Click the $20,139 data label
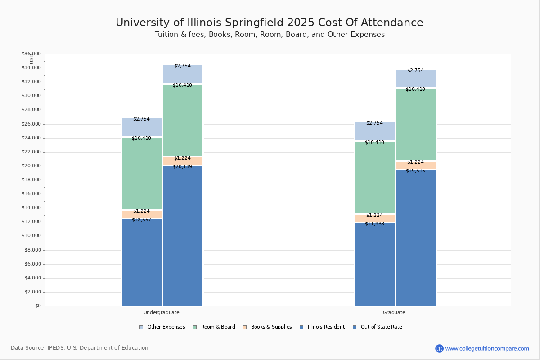point(182,167)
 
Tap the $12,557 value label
point(141,220)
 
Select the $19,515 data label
point(415,171)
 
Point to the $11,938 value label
point(374,224)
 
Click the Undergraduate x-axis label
point(161,312)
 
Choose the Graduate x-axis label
point(394,312)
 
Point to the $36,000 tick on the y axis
point(31,54)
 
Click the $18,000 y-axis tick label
point(31,180)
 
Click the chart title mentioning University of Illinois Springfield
point(269,22)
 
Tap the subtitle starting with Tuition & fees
point(269,35)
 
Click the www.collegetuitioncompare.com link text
point(487,348)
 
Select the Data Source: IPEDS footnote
point(80,348)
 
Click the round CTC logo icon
point(439,348)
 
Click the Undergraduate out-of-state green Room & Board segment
point(182,121)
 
